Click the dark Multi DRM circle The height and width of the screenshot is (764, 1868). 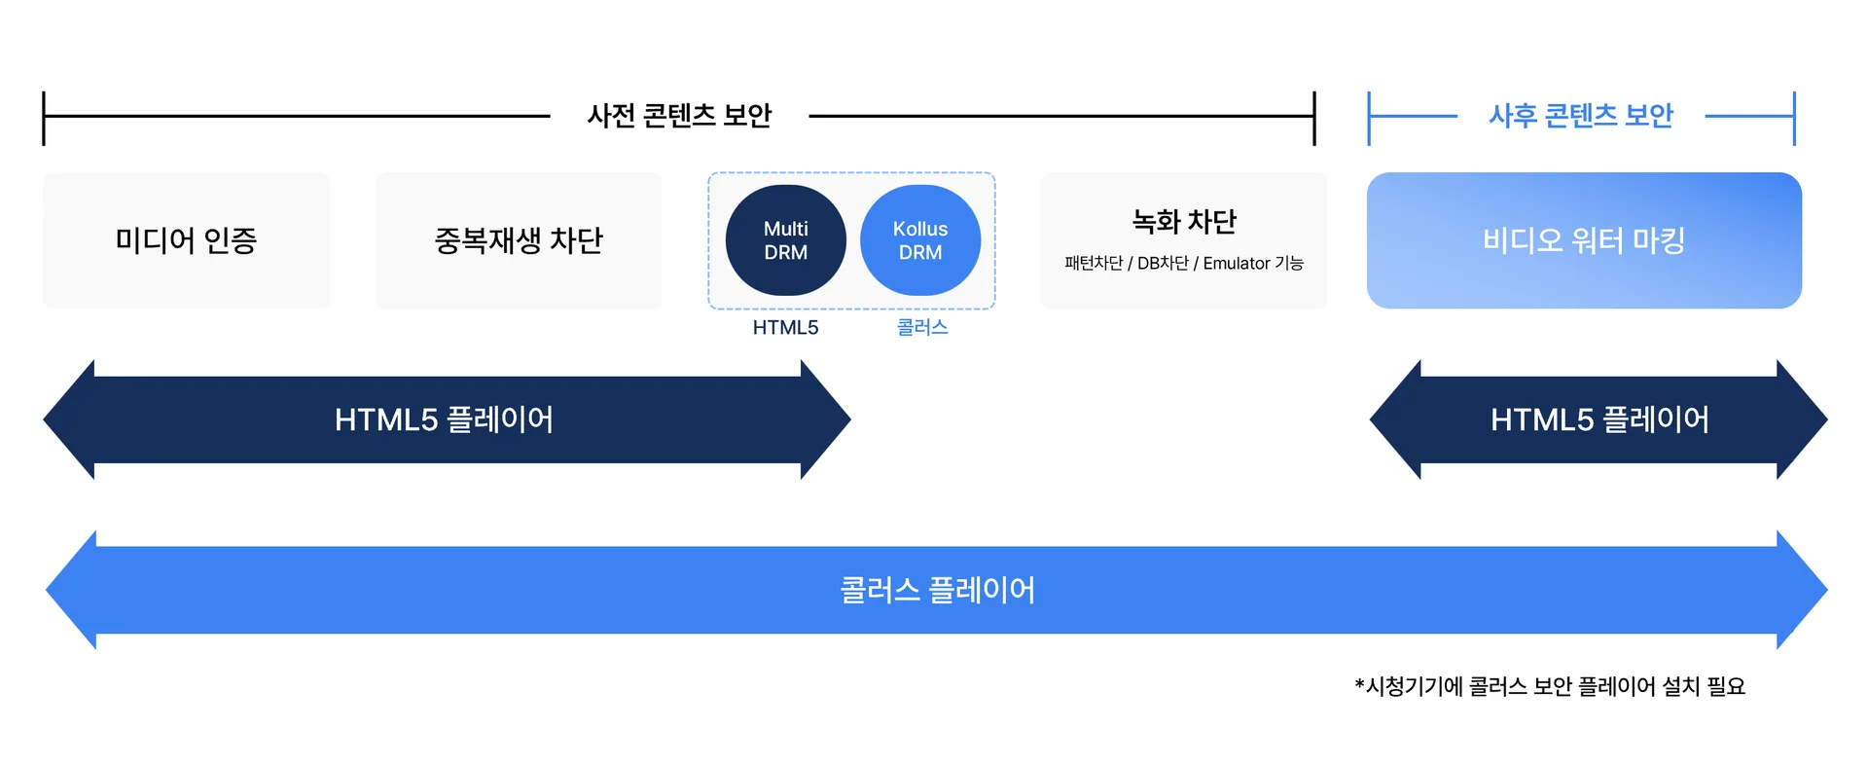(785, 240)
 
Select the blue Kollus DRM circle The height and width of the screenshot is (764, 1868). (919, 240)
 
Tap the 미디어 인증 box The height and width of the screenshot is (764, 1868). (186, 240)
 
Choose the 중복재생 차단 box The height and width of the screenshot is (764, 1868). (518, 240)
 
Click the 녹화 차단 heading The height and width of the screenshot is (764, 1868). (1184, 222)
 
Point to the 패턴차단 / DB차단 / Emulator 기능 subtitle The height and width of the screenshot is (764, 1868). (1184, 264)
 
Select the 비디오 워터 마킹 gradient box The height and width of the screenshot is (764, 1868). (1583, 240)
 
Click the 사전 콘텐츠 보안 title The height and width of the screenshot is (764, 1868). (679, 116)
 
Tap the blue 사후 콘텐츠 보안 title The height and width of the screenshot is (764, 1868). (1581, 116)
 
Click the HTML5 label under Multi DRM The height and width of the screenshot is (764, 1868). (785, 328)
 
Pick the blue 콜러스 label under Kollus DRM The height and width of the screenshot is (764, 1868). (921, 328)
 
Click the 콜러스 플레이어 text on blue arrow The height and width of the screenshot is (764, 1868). (937, 590)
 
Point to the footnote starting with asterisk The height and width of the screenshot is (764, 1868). (1550, 686)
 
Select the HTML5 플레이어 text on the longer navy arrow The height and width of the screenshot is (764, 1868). (444, 419)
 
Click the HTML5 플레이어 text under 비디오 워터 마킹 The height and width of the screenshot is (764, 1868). (1599, 419)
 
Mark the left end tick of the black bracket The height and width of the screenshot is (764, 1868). (44, 118)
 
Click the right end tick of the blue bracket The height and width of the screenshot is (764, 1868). (1794, 118)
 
